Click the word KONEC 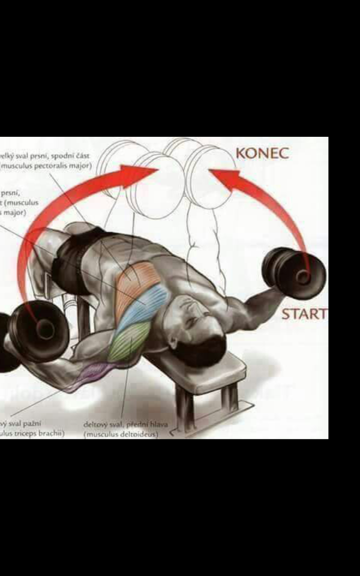click(262, 153)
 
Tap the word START click(304, 314)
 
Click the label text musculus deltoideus click(121, 435)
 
